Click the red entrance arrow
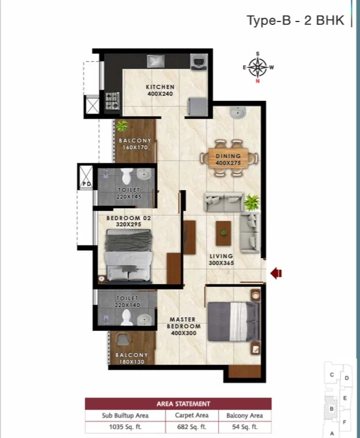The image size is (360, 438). click(276, 273)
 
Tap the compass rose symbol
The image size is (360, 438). click(258, 67)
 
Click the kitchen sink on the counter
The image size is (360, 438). click(156, 61)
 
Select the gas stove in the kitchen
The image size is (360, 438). click(112, 100)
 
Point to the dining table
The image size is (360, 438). click(228, 158)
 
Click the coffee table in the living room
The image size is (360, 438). click(224, 233)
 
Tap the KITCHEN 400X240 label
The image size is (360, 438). click(160, 91)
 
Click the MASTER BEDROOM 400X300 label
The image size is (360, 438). click(184, 326)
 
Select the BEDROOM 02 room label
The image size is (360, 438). click(129, 218)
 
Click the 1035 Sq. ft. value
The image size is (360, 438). click(125, 427)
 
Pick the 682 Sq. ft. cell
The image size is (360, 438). click(192, 427)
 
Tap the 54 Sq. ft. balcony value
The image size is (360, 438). click(245, 427)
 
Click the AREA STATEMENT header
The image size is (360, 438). click(183, 404)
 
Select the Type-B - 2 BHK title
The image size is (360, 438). click(296, 20)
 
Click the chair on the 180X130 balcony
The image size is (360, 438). click(123, 340)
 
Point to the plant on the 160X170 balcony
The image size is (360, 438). click(122, 126)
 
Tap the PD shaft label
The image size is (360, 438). click(87, 184)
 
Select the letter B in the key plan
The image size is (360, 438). click(332, 408)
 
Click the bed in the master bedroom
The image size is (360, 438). click(233, 321)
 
